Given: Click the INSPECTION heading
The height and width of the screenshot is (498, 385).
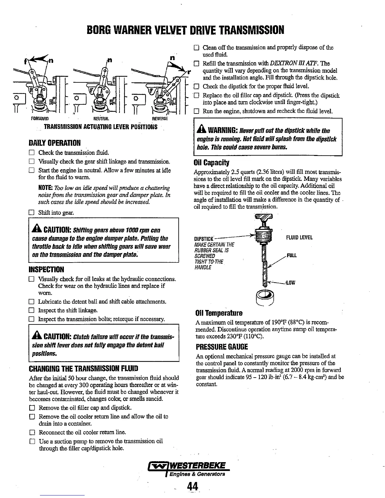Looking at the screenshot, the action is click(46, 269).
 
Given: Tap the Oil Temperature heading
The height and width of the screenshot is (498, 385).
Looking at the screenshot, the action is click(219, 313).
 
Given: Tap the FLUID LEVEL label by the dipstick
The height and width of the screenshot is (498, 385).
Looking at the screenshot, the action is click(299, 238).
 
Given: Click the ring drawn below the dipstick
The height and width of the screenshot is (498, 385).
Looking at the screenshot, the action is click(265, 297).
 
